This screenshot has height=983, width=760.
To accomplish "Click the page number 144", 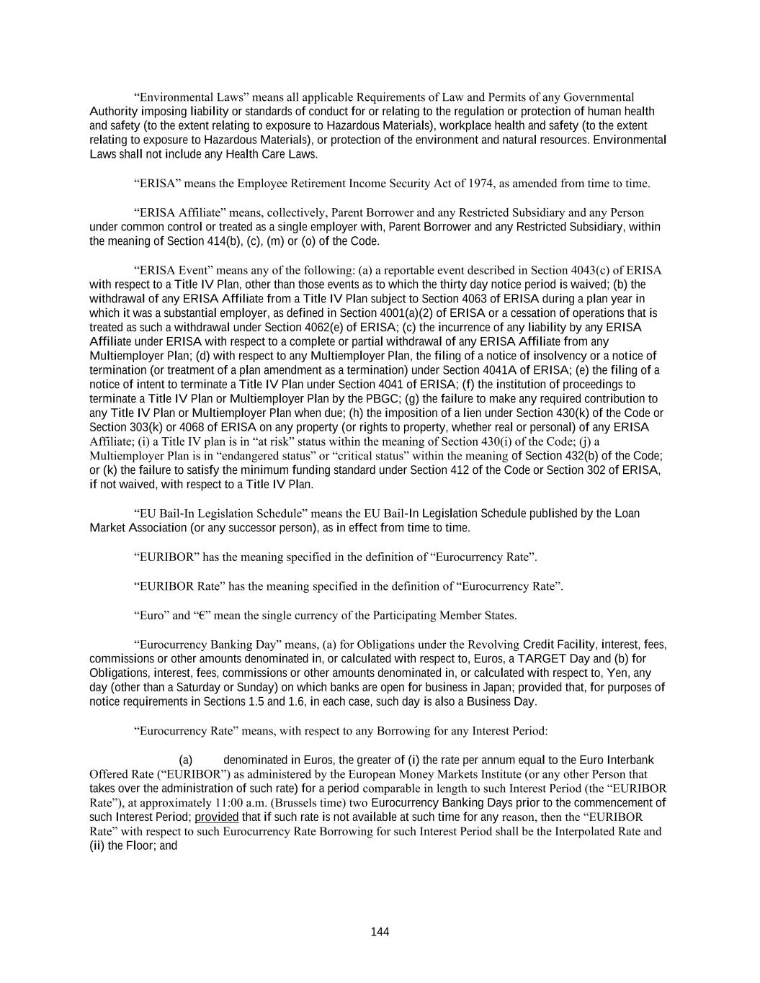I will [x=380, y=932].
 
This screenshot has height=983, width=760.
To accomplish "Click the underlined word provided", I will [x=216, y=817].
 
